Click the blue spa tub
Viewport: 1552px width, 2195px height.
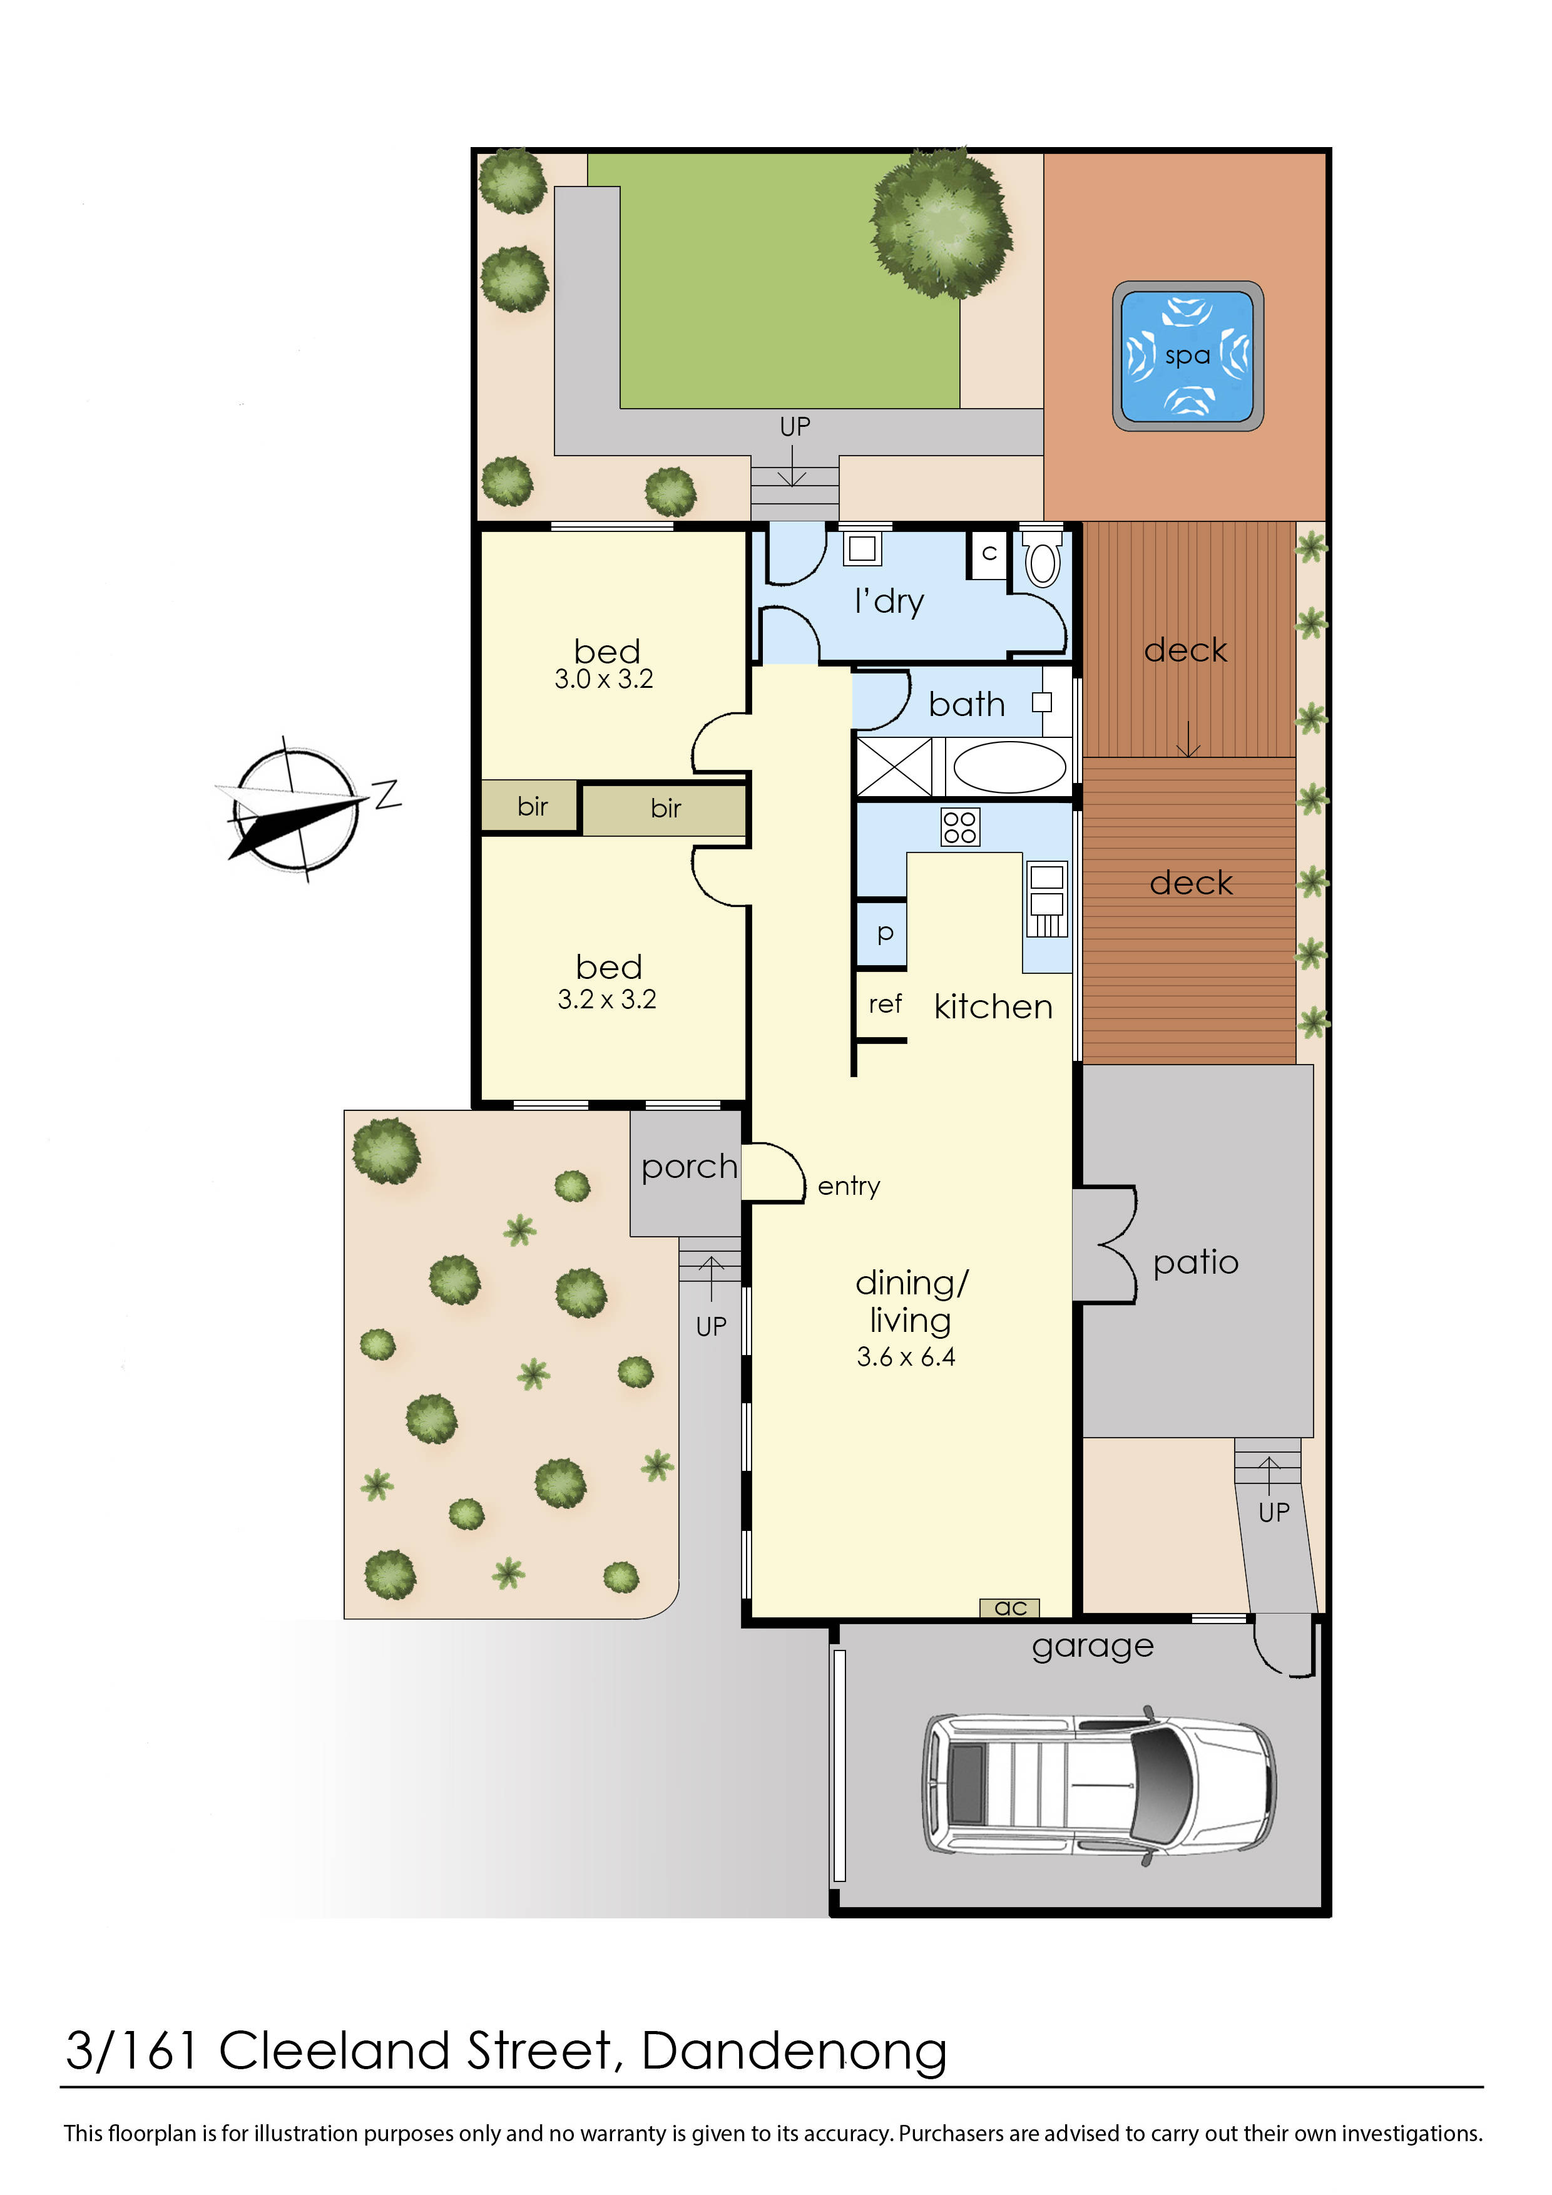tap(1187, 356)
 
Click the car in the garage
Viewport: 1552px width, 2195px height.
tap(1099, 1785)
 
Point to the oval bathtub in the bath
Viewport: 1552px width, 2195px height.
tap(1010, 767)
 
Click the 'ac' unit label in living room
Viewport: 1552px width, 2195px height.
tap(1010, 1608)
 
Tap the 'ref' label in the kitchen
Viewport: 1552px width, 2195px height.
tap(885, 1004)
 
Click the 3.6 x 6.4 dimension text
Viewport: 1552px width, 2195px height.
tap(906, 1356)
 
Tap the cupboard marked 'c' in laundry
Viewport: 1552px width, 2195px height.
tap(989, 553)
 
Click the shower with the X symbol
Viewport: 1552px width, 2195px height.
tap(894, 767)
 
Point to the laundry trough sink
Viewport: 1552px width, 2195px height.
tap(863, 549)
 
